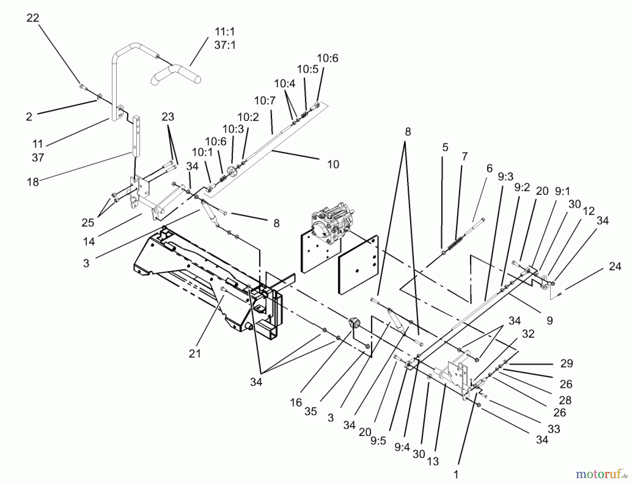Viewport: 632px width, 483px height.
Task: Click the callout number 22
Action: [x=33, y=18]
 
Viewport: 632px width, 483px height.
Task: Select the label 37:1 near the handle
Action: [x=225, y=45]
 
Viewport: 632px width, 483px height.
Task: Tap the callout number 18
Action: [x=33, y=182]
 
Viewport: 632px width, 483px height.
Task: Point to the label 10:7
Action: [x=265, y=101]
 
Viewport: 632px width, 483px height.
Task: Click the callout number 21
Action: [x=195, y=353]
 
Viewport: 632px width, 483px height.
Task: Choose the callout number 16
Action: [x=296, y=402]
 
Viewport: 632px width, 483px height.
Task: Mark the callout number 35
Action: [x=311, y=411]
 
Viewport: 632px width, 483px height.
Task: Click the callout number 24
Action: [x=615, y=266]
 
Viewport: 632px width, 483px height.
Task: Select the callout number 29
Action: [x=566, y=363]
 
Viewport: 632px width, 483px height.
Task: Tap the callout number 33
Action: [x=554, y=429]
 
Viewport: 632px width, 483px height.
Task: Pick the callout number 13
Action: [x=433, y=461]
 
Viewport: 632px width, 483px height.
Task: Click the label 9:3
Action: [x=505, y=177]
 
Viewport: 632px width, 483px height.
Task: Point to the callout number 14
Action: [x=89, y=241]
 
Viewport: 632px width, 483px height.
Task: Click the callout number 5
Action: [x=445, y=147]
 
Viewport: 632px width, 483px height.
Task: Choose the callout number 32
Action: [x=528, y=333]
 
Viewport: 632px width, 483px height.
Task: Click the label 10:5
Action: [x=308, y=70]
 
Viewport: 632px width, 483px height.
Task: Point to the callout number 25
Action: [x=88, y=223]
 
